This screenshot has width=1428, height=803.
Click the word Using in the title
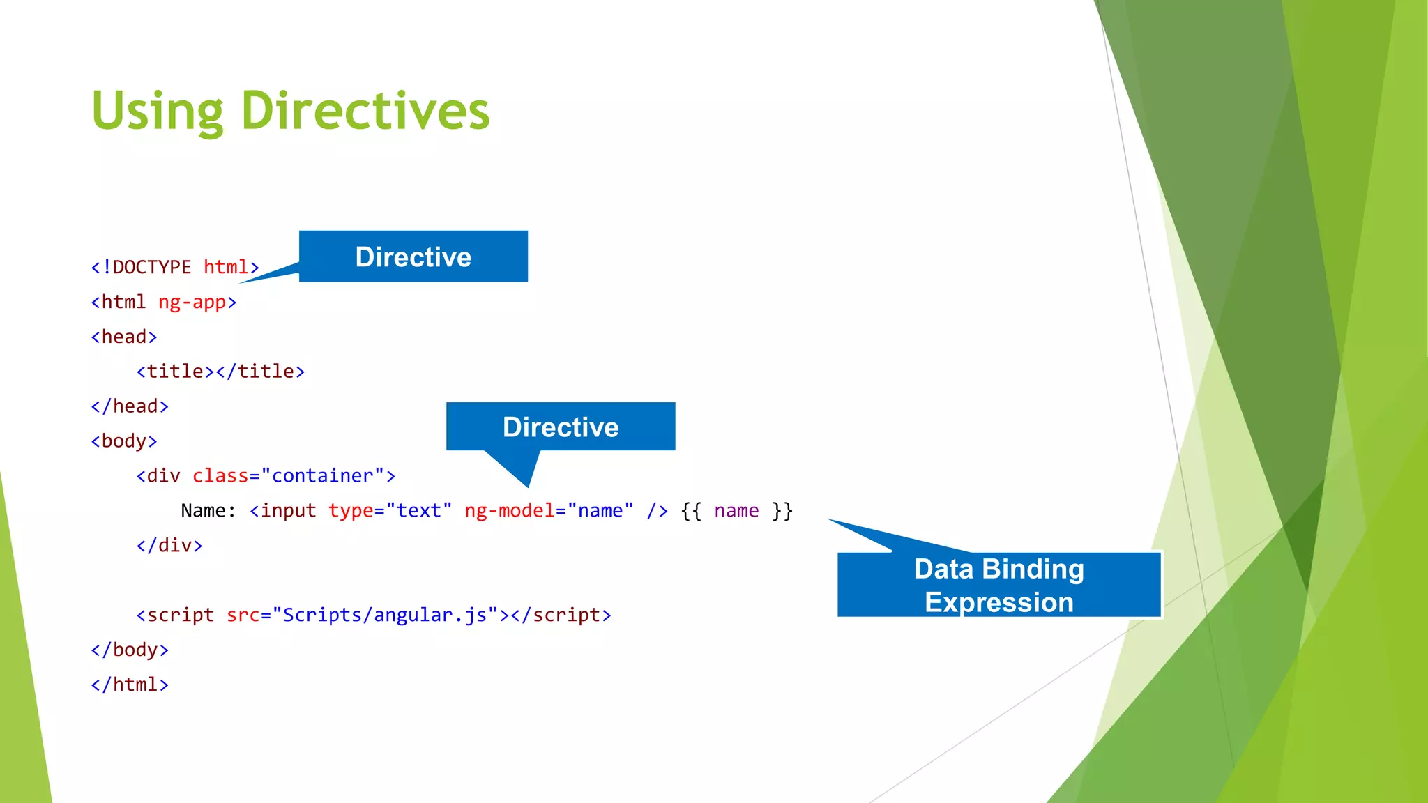tap(158, 112)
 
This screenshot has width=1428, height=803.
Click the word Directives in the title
tap(365, 112)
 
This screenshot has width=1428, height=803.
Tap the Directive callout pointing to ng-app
tap(413, 257)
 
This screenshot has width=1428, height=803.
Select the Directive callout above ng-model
tap(561, 427)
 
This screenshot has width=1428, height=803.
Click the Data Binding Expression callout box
tap(998, 585)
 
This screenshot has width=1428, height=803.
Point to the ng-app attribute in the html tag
tap(192, 303)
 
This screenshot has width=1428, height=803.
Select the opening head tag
tap(124, 337)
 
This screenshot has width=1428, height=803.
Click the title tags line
tap(220, 372)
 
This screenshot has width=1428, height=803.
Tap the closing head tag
tap(130, 406)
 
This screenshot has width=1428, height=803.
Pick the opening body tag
tap(124, 441)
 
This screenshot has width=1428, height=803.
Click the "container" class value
tap(322, 476)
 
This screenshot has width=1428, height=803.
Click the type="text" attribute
tap(390, 511)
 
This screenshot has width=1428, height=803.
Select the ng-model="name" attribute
tap(549, 511)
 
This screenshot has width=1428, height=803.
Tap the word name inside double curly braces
tap(736, 511)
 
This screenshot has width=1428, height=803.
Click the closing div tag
tap(169, 546)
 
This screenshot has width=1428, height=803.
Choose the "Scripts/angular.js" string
tap(385, 615)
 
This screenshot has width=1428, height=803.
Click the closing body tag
tap(130, 650)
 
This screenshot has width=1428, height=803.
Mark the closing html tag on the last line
tap(130, 685)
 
